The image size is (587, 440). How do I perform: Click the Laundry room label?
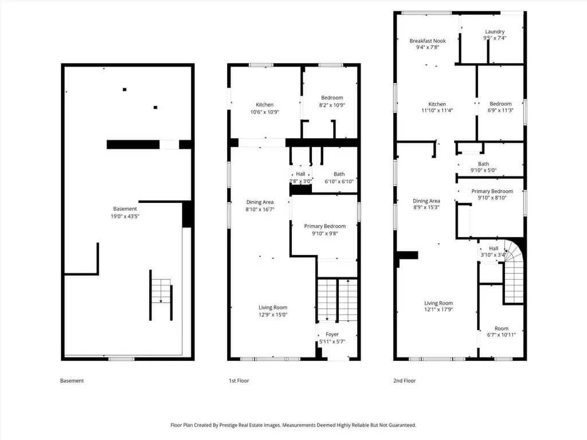[495, 32]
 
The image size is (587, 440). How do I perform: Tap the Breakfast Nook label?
[428, 41]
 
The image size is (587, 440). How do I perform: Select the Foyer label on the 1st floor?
[332, 335]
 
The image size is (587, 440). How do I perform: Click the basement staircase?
[161, 295]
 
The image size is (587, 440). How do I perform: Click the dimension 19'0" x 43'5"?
[125, 216]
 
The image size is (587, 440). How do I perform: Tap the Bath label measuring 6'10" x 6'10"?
[339, 174]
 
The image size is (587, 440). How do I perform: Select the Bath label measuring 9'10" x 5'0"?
[483, 164]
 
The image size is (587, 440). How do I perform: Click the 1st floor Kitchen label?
[265, 105]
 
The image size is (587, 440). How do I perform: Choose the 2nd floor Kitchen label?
[437, 104]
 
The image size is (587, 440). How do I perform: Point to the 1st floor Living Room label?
[273, 308]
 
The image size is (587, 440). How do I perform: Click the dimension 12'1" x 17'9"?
[439, 309]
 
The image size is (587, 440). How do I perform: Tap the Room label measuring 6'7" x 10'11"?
[501, 328]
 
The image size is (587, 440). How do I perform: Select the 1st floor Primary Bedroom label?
[325, 226]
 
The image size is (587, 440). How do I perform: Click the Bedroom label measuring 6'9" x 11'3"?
[500, 104]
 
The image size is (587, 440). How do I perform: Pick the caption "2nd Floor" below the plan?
[404, 381]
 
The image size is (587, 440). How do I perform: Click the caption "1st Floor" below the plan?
[239, 381]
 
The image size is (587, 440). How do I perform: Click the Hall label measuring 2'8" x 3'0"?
[300, 174]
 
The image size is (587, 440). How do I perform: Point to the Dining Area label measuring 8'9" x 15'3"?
[426, 201]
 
